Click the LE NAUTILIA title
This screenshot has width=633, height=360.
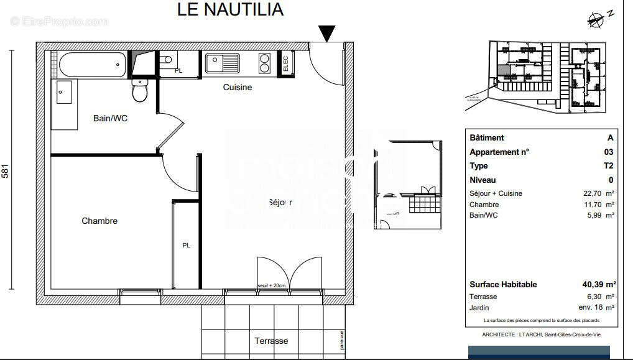click(230, 9)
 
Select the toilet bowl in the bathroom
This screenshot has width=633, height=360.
click(140, 91)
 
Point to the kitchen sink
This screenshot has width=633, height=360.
click(223, 63)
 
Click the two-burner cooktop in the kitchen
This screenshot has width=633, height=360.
click(265, 63)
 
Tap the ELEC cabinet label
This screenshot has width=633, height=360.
click(285, 63)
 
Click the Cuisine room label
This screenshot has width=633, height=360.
click(238, 87)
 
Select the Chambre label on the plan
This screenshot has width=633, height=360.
click(99, 221)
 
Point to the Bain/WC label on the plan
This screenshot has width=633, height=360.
click(110, 118)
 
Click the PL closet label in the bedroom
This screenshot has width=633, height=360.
click(186, 245)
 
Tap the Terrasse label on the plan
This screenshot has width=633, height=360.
click(271, 341)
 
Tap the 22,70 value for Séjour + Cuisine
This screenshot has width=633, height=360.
click(594, 193)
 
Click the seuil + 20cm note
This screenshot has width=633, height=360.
click(271, 285)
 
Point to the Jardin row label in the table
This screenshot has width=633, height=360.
click(479, 308)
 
